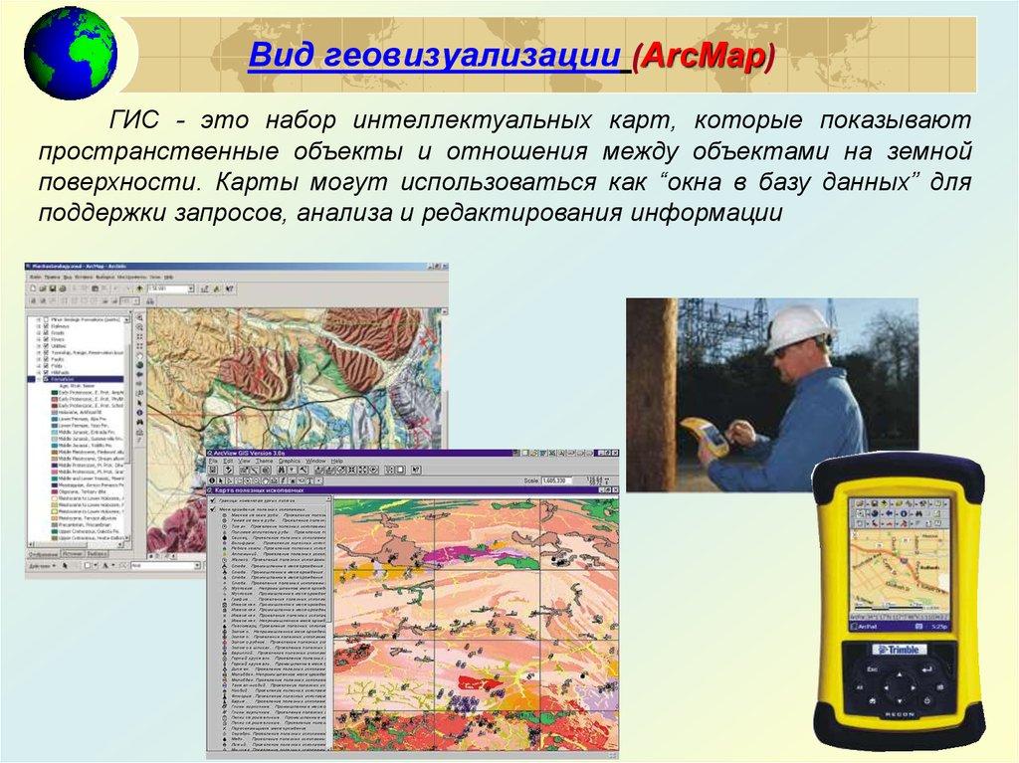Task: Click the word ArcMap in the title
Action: coord(706,56)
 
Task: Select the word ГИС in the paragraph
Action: coord(135,121)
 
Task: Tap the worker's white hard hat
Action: coord(800,325)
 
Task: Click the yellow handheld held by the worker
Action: coord(706,437)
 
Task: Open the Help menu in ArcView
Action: coord(336,463)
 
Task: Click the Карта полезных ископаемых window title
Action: coord(261,491)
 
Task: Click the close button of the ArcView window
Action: coord(613,453)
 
